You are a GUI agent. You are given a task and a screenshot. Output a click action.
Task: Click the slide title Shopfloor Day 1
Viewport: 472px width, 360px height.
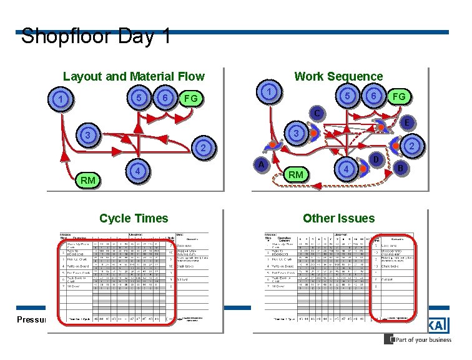tap(96, 36)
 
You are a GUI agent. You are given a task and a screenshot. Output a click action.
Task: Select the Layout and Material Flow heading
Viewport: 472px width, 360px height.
tap(134, 76)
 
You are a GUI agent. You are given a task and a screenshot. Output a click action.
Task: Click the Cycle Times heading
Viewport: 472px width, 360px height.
tap(134, 218)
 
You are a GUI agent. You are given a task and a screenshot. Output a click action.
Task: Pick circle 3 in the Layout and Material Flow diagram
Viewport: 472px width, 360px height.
tap(89, 136)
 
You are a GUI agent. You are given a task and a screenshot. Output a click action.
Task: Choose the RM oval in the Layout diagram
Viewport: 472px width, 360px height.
tap(88, 181)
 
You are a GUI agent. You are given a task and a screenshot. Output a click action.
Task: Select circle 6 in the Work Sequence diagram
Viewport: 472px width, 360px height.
tap(372, 95)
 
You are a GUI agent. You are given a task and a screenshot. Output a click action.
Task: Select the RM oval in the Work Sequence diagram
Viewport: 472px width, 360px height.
tap(296, 174)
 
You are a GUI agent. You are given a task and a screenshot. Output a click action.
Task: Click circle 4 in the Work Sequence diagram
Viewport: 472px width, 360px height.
tap(345, 169)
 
